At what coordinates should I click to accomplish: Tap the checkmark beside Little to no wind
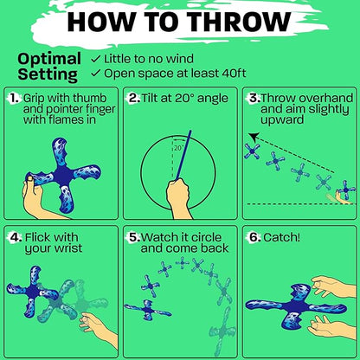point(95,59)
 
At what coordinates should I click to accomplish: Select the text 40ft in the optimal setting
point(234,74)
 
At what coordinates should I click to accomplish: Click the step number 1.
point(15,99)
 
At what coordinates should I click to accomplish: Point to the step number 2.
point(134,99)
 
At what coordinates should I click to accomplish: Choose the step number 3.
point(254,99)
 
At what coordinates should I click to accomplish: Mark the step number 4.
point(16,237)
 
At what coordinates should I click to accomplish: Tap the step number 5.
point(134,237)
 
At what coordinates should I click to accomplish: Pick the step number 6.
point(255,237)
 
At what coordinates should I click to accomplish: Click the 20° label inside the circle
point(179,148)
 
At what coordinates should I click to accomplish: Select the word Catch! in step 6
point(281,237)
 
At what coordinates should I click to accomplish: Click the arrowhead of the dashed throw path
point(254,137)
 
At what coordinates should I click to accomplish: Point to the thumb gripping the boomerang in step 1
point(29,181)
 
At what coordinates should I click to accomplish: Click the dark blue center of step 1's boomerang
point(63,177)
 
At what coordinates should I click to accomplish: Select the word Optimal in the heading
point(49,59)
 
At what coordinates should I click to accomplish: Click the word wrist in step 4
point(68,248)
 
